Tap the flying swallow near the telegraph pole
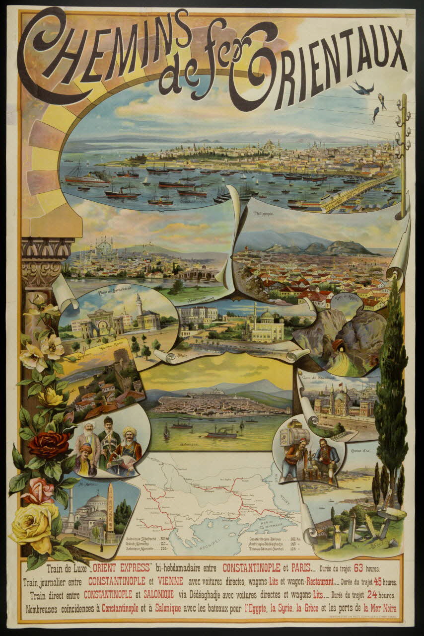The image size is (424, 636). pyautogui.click(x=361, y=88)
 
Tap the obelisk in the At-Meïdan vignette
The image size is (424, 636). pyautogui.click(x=110, y=512)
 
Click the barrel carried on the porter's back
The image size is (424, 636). pyautogui.click(x=290, y=438)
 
